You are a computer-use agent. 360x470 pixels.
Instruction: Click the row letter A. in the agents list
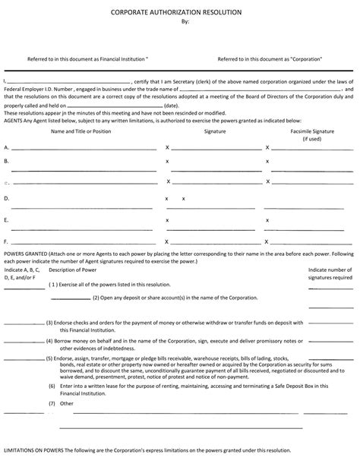click(x=7, y=147)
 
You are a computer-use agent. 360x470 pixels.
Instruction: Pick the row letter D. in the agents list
click(x=7, y=198)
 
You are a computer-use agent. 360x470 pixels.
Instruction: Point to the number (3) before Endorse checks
click(x=49, y=323)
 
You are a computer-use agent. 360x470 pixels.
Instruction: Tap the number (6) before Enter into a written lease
click(x=51, y=386)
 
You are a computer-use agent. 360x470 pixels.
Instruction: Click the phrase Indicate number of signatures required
click(x=330, y=273)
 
